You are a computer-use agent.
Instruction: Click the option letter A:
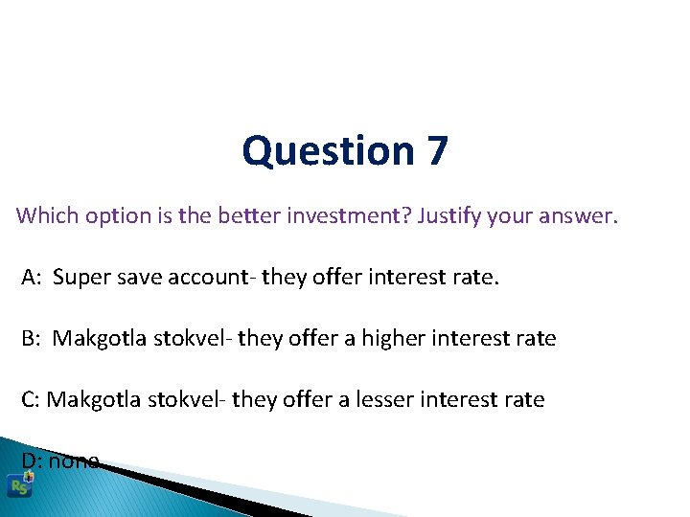pyautogui.click(x=33, y=278)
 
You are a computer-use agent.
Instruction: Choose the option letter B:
pyautogui.click(x=33, y=338)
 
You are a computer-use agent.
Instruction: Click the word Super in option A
pyautogui.click(x=80, y=278)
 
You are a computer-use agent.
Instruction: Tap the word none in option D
pyautogui.click(x=75, y=461)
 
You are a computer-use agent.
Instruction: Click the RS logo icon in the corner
pyautogui.click(x=19, y=485)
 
